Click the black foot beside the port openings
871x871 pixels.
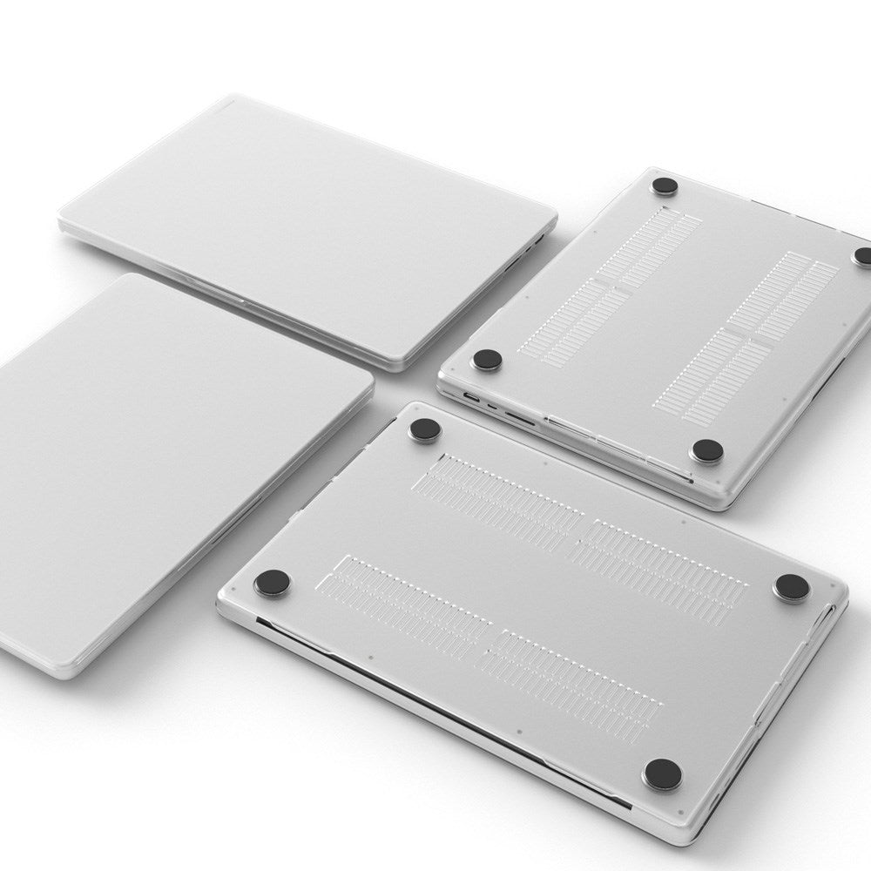pyautogui.click(x=487, y=359)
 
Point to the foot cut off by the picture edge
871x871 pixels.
pyautogui.click(x=863, y=256)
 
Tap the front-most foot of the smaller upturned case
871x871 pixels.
pyautogui.click(x=706, y=450)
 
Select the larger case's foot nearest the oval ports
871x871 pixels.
pyautogui.click(x=424, y=429)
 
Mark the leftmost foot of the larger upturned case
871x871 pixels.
pyautogui.click(x=272, y=583)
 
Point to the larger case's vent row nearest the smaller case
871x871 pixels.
pyautogui.click(x=505, y=492)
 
